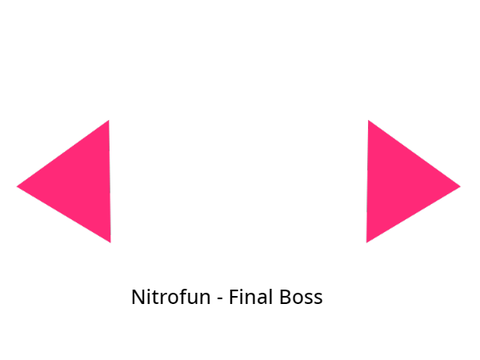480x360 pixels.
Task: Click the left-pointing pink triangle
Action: pos(79,183)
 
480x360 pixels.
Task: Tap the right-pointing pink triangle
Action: pos(398,183)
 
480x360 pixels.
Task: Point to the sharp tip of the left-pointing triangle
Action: pos(17,186)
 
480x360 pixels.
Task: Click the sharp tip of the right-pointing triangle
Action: pos(461,186)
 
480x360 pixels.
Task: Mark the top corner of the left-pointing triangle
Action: pos(109,120)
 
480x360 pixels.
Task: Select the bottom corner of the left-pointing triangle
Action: pos(110,242)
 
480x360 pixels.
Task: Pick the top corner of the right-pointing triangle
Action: pos(368,120)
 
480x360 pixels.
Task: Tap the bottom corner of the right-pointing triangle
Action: pos(367,242)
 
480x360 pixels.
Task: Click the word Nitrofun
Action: pos(171,296)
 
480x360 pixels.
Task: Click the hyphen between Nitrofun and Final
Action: pos(220,299)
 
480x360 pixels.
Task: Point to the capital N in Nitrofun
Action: pos(138,297)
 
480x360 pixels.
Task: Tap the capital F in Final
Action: pos(234,297)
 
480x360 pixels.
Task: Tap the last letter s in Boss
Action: pos(318,299)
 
